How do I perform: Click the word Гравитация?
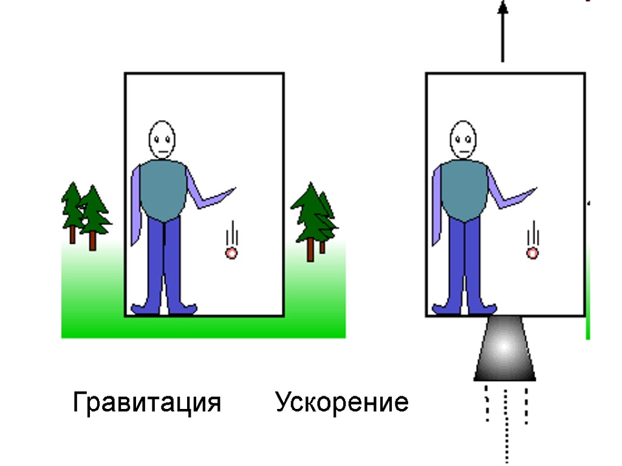click(x=146, y=402)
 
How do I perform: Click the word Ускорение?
click(x=341, y=402)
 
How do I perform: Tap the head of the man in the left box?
click(x=162, y=140)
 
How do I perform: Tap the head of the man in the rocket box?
click(x=463, y=140)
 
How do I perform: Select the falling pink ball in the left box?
click(x=231, y=253)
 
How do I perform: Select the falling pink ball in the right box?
click(x=533, y=253)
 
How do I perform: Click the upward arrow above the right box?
click(x=502, y=30)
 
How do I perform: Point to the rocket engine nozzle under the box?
click(x=504, y=349)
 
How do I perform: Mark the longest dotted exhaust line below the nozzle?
click(x=506, y=425)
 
